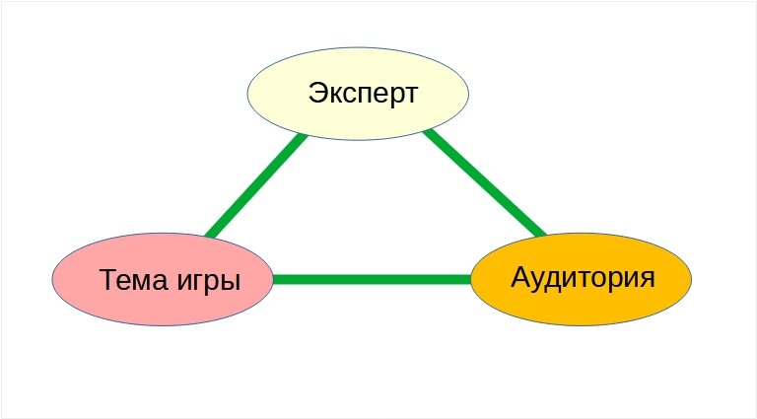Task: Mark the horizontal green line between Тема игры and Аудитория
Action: click(372, 279)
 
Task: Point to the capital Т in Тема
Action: click(107, 280)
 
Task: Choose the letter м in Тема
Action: click(139, 282)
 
